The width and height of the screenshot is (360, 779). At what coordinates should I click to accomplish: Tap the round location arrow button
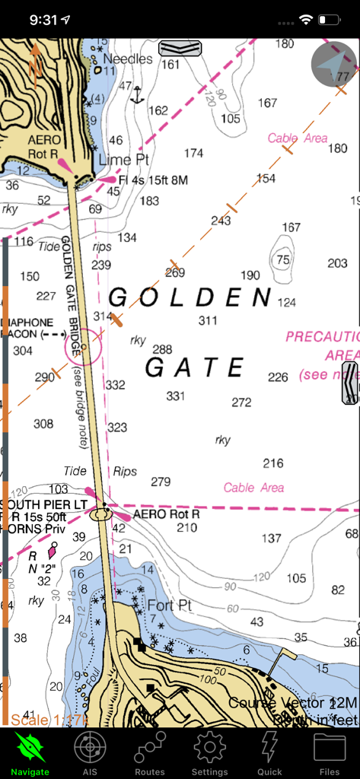point(334,65)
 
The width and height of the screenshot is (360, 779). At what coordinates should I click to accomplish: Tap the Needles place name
point(128,59)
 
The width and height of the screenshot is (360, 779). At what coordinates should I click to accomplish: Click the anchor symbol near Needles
point(137,95)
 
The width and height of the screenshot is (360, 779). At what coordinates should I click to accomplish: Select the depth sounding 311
point(208,320)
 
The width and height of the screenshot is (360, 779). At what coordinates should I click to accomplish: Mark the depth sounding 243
point(221,221)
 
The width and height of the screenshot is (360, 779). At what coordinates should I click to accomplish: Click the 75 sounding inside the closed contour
point(283,260)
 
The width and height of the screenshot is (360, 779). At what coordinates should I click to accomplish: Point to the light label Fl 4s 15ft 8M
point(153,180)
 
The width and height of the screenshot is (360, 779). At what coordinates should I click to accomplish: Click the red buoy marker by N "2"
point(53,549)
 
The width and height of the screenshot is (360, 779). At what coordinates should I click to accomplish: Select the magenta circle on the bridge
point(84,347)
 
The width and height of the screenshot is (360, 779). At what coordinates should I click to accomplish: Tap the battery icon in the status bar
point(330,19)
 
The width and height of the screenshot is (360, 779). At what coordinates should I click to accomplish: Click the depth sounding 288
point(162,349)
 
